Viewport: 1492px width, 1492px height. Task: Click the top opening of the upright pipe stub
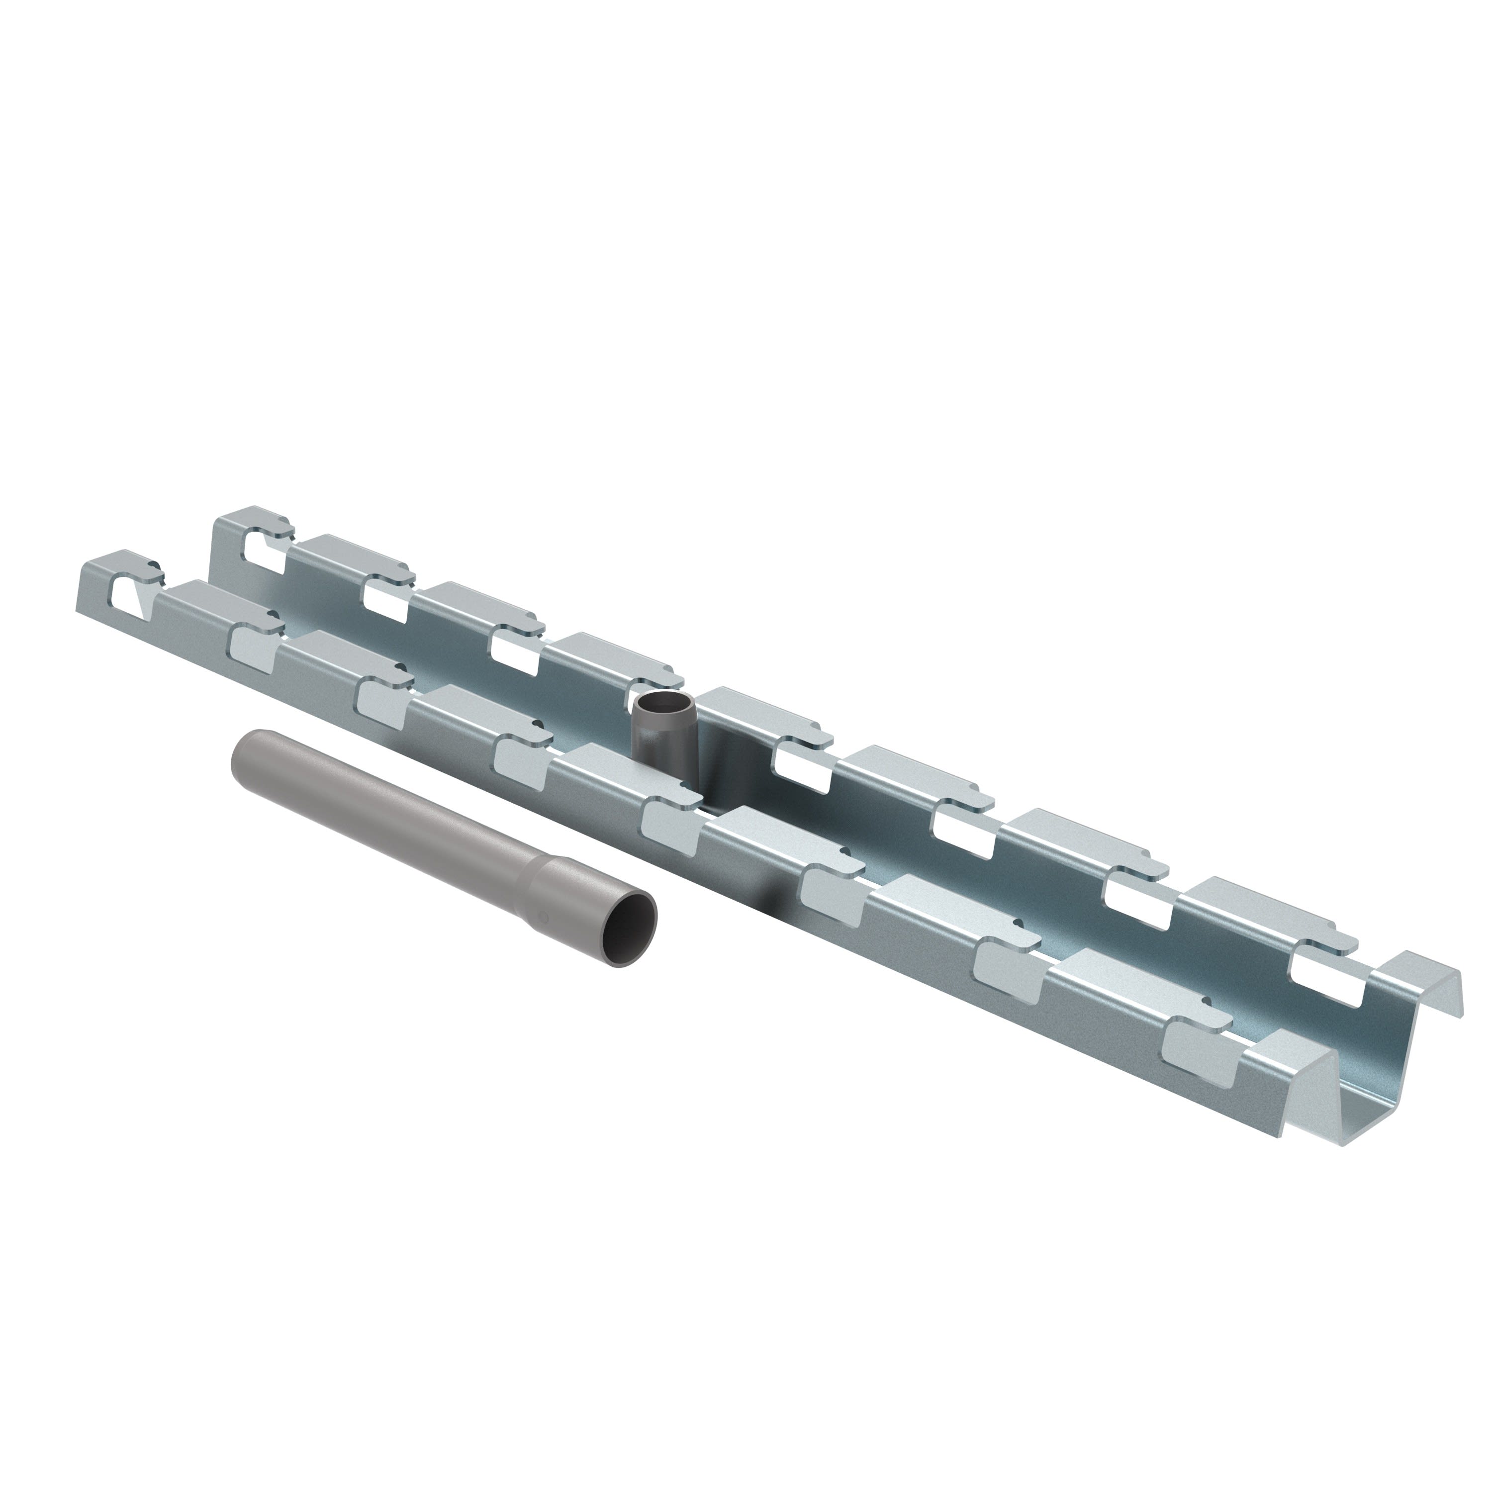point(663,704)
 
